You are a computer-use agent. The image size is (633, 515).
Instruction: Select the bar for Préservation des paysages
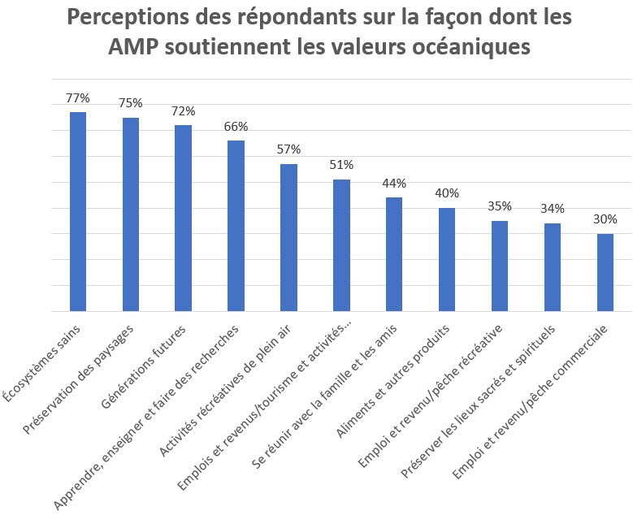pyautogui.click(x=131, y=214)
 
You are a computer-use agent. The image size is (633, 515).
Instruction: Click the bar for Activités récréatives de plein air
pyautogui.click(x=288, y=237)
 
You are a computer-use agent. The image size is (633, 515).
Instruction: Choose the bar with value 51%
pyautogui.click(x=341, y=245)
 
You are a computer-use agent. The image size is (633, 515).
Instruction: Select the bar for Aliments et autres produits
pyautogui.click(x=447, y=260)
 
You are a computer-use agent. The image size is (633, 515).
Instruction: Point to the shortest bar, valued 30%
pyautogui.click(x=605, y=272)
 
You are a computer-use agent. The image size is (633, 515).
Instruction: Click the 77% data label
pyautogui.click(x=78, y=98)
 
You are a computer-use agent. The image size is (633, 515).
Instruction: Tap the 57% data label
pyautogui.click(x=288, y=149)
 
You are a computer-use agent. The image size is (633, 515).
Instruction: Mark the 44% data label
pyautogui.click(x=394, y=184)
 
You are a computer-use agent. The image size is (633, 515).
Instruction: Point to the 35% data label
pyautogui.click(x=500, y=206)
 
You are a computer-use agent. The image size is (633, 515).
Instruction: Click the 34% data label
pyautogui.click(x=553, y=209)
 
